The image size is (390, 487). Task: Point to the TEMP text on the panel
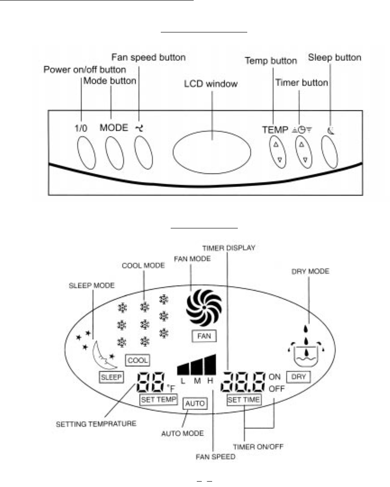coord(274,129)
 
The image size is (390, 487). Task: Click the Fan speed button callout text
coord(148,58)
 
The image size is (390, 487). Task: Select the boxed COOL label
coord(138,360)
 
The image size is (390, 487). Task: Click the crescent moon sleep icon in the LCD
coord(103,355)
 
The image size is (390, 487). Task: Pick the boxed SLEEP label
coord(111,377)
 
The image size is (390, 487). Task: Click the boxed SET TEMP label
coord(159,399)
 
